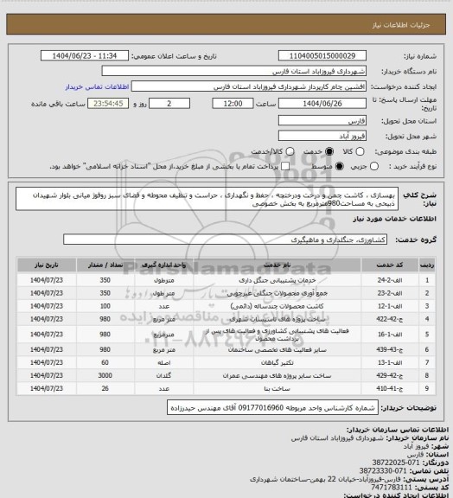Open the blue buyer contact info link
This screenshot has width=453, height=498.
(97, 87)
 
